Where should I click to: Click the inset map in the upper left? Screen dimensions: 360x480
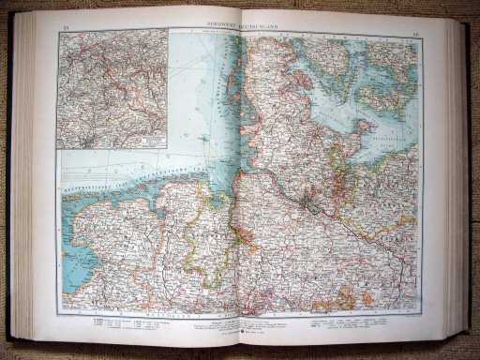112,88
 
